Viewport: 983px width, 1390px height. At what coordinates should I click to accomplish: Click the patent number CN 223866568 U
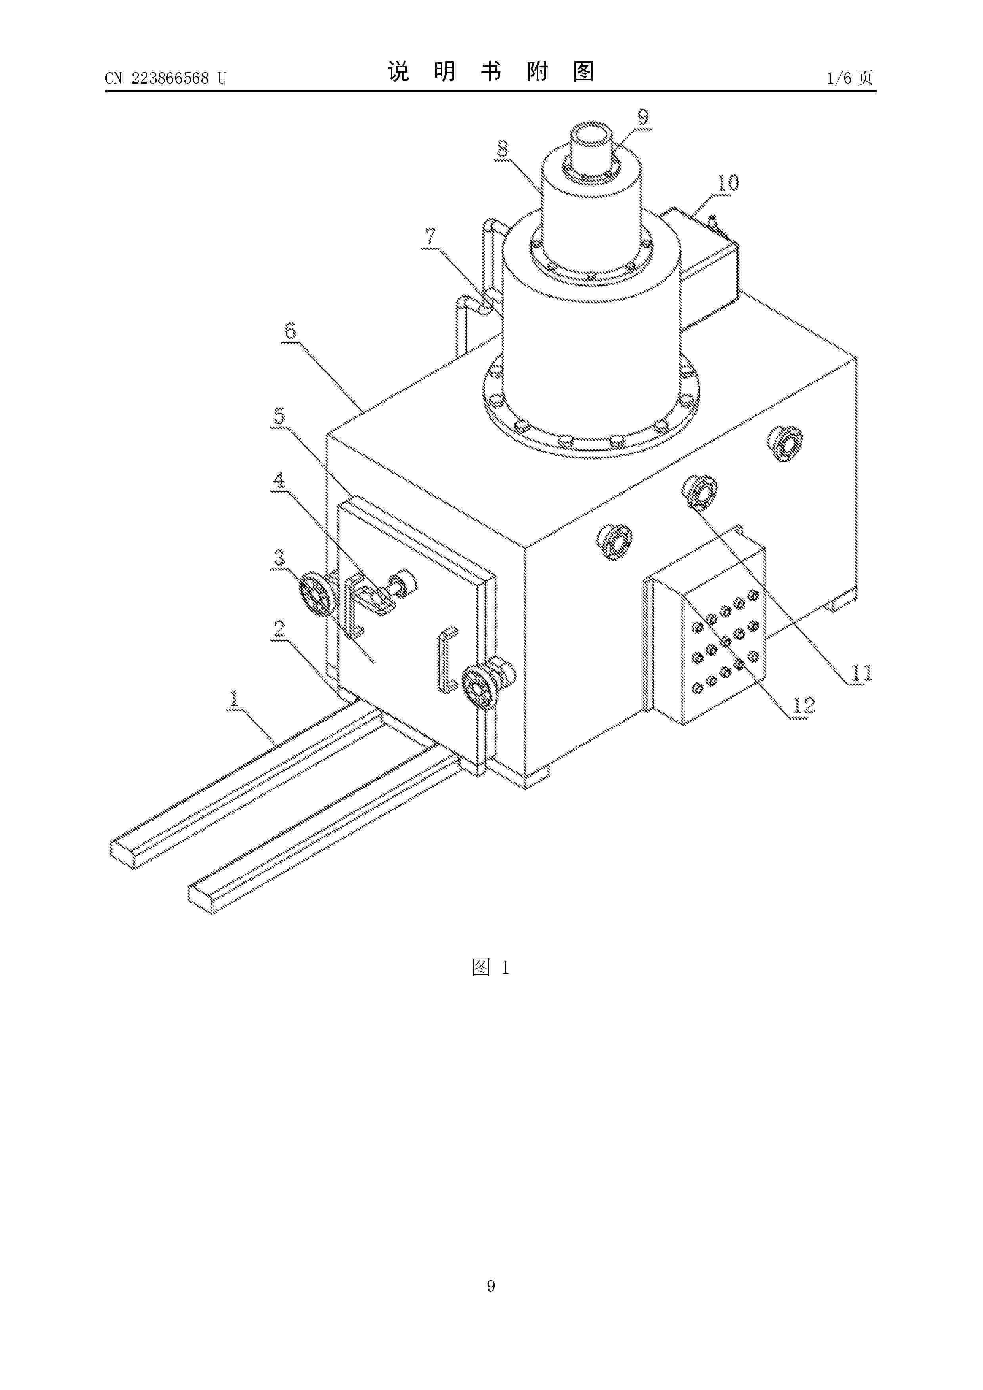[x=165, y=78]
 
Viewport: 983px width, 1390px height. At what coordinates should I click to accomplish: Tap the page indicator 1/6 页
[x=850, y=78]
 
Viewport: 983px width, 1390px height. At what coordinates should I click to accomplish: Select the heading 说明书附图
[x=491, y=71]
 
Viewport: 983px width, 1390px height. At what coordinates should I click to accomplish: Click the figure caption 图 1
[x=491, y=968]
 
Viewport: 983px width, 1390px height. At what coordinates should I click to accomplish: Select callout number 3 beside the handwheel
[x=279, y=557]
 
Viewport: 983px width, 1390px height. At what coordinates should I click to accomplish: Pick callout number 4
[x=279, y=480]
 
